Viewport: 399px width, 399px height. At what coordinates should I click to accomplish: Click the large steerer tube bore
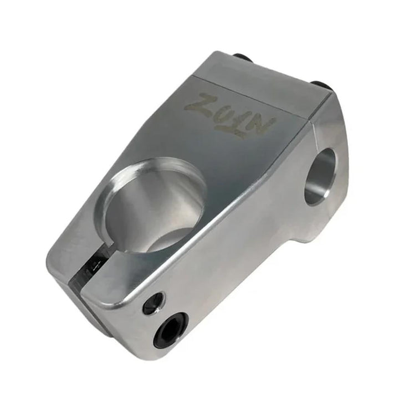[x=156, y=202]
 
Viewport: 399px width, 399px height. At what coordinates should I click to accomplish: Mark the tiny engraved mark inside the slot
[x=98, y=258]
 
